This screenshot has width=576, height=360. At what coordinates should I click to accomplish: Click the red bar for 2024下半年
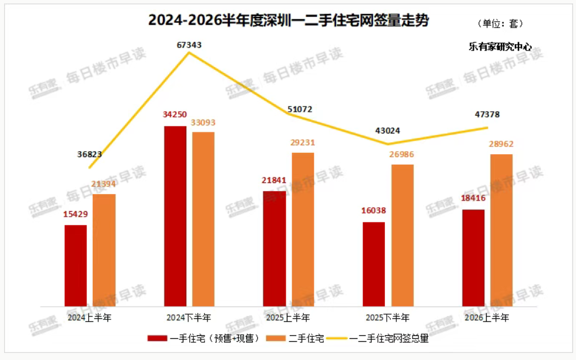(x=175, y=216)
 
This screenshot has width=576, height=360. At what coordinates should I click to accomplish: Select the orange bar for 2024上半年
(x=104, y=250)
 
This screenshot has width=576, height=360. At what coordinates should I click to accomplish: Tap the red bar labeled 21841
(x=274, y=249)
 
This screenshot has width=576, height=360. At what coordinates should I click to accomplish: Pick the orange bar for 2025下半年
(x=402, y=235)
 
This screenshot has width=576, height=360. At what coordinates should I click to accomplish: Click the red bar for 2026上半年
(x=473, y=258)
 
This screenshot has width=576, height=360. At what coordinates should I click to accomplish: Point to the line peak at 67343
(x=189, y=52)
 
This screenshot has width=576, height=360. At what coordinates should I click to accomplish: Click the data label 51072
(x=300, y=109)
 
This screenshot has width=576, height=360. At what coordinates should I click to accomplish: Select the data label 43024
(x=387, y=131)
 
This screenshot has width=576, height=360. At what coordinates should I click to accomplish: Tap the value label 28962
(x=501, y=144)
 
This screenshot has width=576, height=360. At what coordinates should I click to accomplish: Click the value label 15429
(x=76, y=214)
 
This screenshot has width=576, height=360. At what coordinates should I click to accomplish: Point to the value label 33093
(x=203, y=122)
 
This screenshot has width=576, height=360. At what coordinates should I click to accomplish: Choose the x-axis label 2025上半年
(x=288, y=318)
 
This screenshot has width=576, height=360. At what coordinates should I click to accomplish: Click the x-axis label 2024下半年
(x=189, y=318)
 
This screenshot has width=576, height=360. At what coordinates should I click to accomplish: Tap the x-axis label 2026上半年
(x=487, y=318)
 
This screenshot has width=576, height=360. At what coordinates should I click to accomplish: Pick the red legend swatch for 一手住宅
(x=158, y=338)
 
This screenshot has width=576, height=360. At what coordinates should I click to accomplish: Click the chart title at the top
(x=289, y=20)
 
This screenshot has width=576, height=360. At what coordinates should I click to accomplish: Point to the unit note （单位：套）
(x=500, y=24)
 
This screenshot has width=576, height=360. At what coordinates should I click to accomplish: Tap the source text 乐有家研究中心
(x=500, y=46)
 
